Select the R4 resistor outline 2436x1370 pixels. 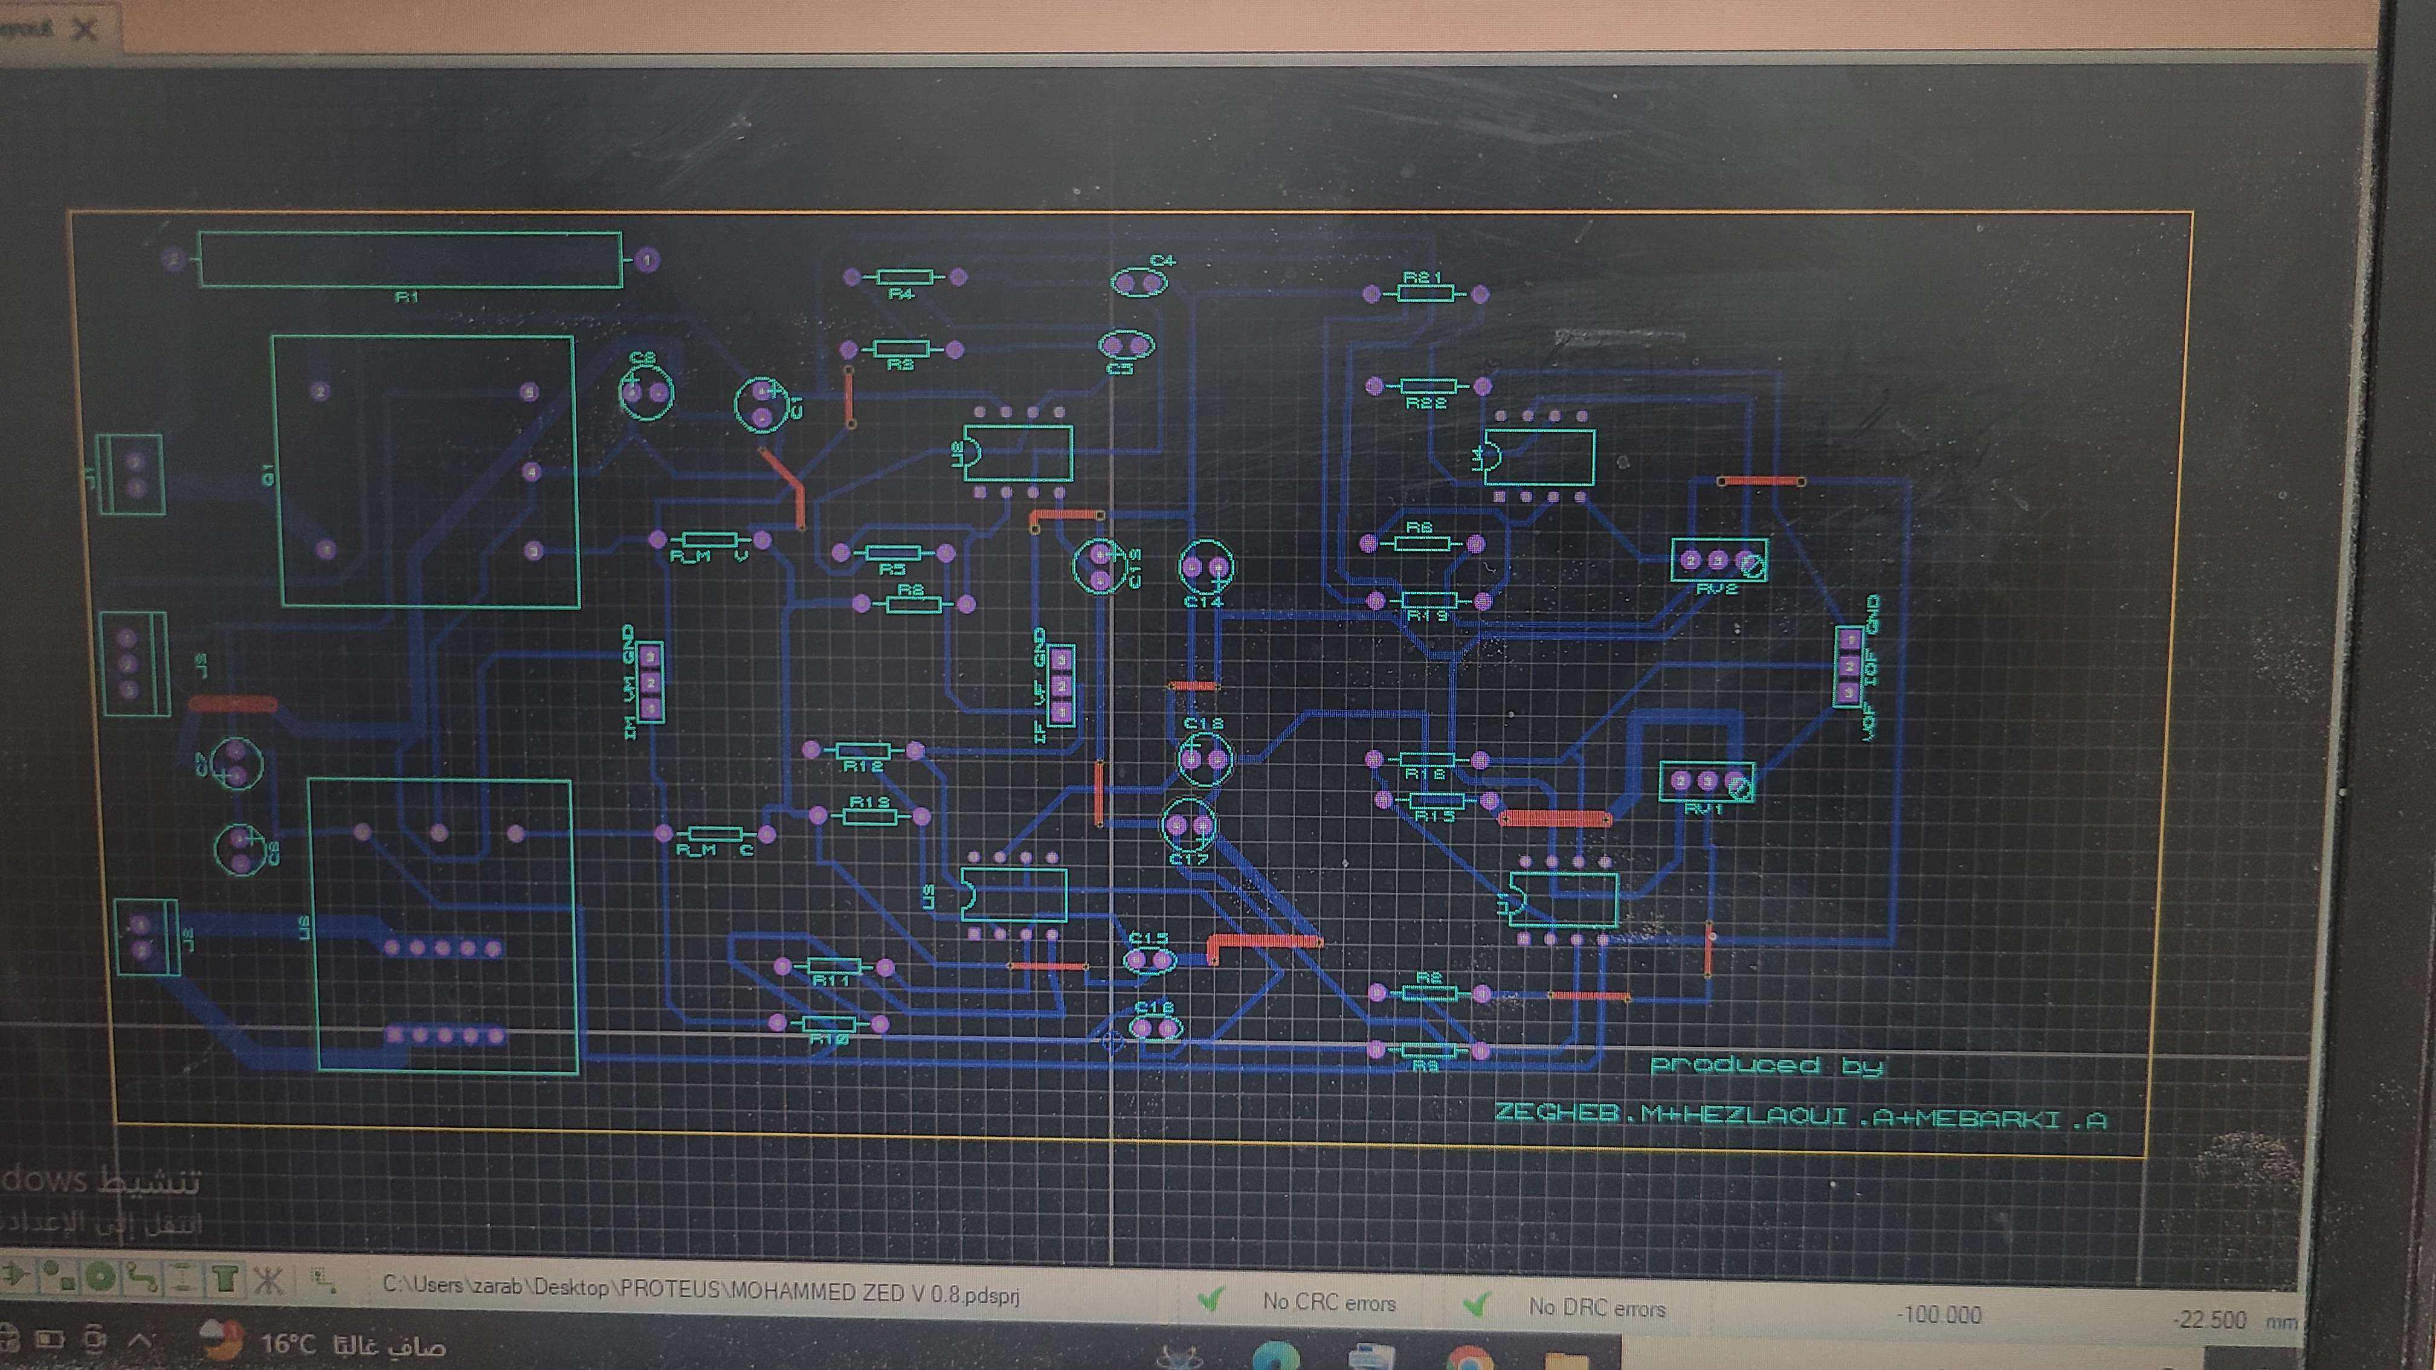[905, 277]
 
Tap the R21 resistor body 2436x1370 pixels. [1425, 294]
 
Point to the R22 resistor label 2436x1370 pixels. [1426, 404]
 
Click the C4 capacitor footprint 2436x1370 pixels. [1139, 281]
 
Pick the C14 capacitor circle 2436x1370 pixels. [1206, 567]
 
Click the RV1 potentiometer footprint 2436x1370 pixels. [1707, 782]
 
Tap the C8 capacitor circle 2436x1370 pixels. [646, 391]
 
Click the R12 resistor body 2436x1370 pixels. [862, 751]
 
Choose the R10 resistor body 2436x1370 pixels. [828, 1024]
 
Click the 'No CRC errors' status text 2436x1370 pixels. [1329, 1303]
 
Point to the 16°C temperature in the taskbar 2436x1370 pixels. [288, 1343]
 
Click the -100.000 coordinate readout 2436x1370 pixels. [1939, 1315]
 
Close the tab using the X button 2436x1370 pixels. [85, 30]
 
